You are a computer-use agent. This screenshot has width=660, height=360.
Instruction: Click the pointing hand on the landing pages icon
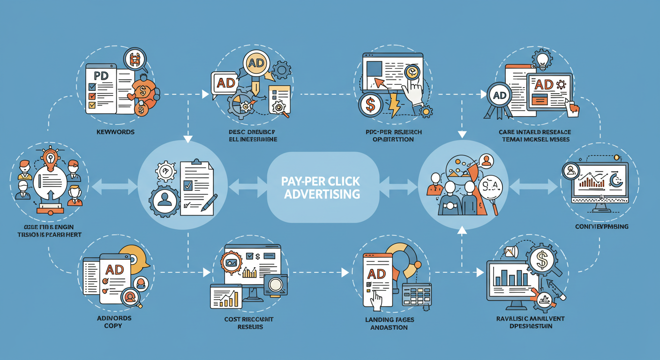[376, 300]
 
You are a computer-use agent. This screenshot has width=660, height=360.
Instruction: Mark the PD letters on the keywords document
[101, 75]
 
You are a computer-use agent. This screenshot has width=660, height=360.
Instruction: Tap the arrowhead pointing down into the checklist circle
[188, 139]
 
